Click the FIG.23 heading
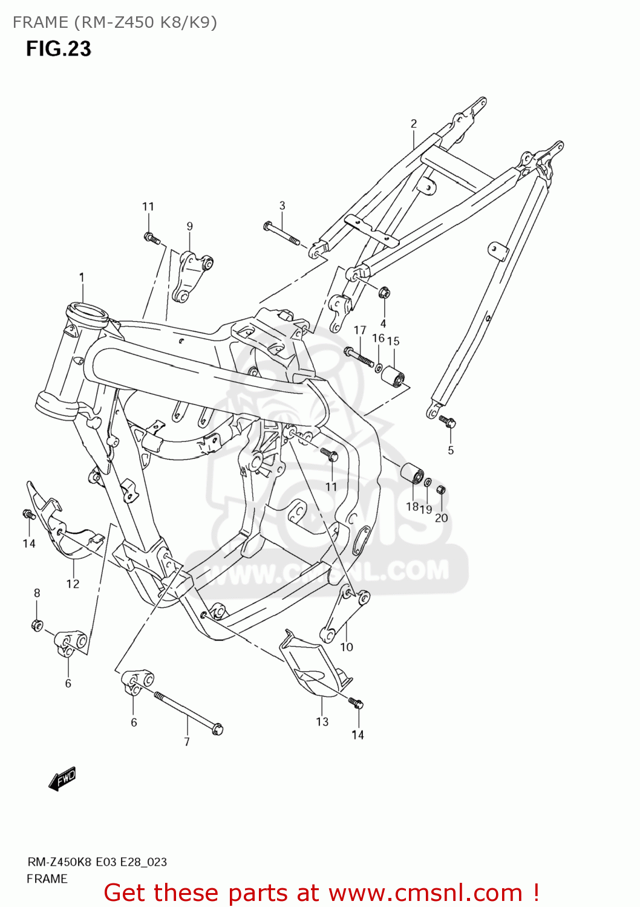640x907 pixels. pyautogui.click(x=58, y=48)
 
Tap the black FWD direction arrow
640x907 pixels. pyautogui.click(x=62, y=779)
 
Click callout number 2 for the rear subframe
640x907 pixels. pyautogui.click(x=414, y=124)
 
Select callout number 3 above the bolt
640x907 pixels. pyautogui.click(x=282, y=206)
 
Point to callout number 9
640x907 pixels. pyautogui.click(x=189, y=226)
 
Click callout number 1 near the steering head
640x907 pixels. pyautogui.click(x=81, y=278)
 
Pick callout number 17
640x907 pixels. pyautogui.click(x=360, y=330)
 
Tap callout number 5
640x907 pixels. pyautogui.click(x=451, y=450)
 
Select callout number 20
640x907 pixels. pyautogui.click(x=442, y=518)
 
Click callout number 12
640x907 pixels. pyautogui.click(x=73, y=584)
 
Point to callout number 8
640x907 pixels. pyautogui.click(x=37, y=593)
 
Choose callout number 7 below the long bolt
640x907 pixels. pyautogui.click(x=187, y=741)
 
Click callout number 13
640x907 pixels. pyautogui.click(x=322, y=721)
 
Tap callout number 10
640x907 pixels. pyautogui.click(x=347, y=647)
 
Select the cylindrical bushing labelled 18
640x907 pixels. pyautogui.click(x=412, y=474)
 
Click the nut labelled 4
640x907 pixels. pyautogui.click(x=383, y=293)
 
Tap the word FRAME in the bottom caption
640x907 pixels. pyautogui.click(x=47, y=879)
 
